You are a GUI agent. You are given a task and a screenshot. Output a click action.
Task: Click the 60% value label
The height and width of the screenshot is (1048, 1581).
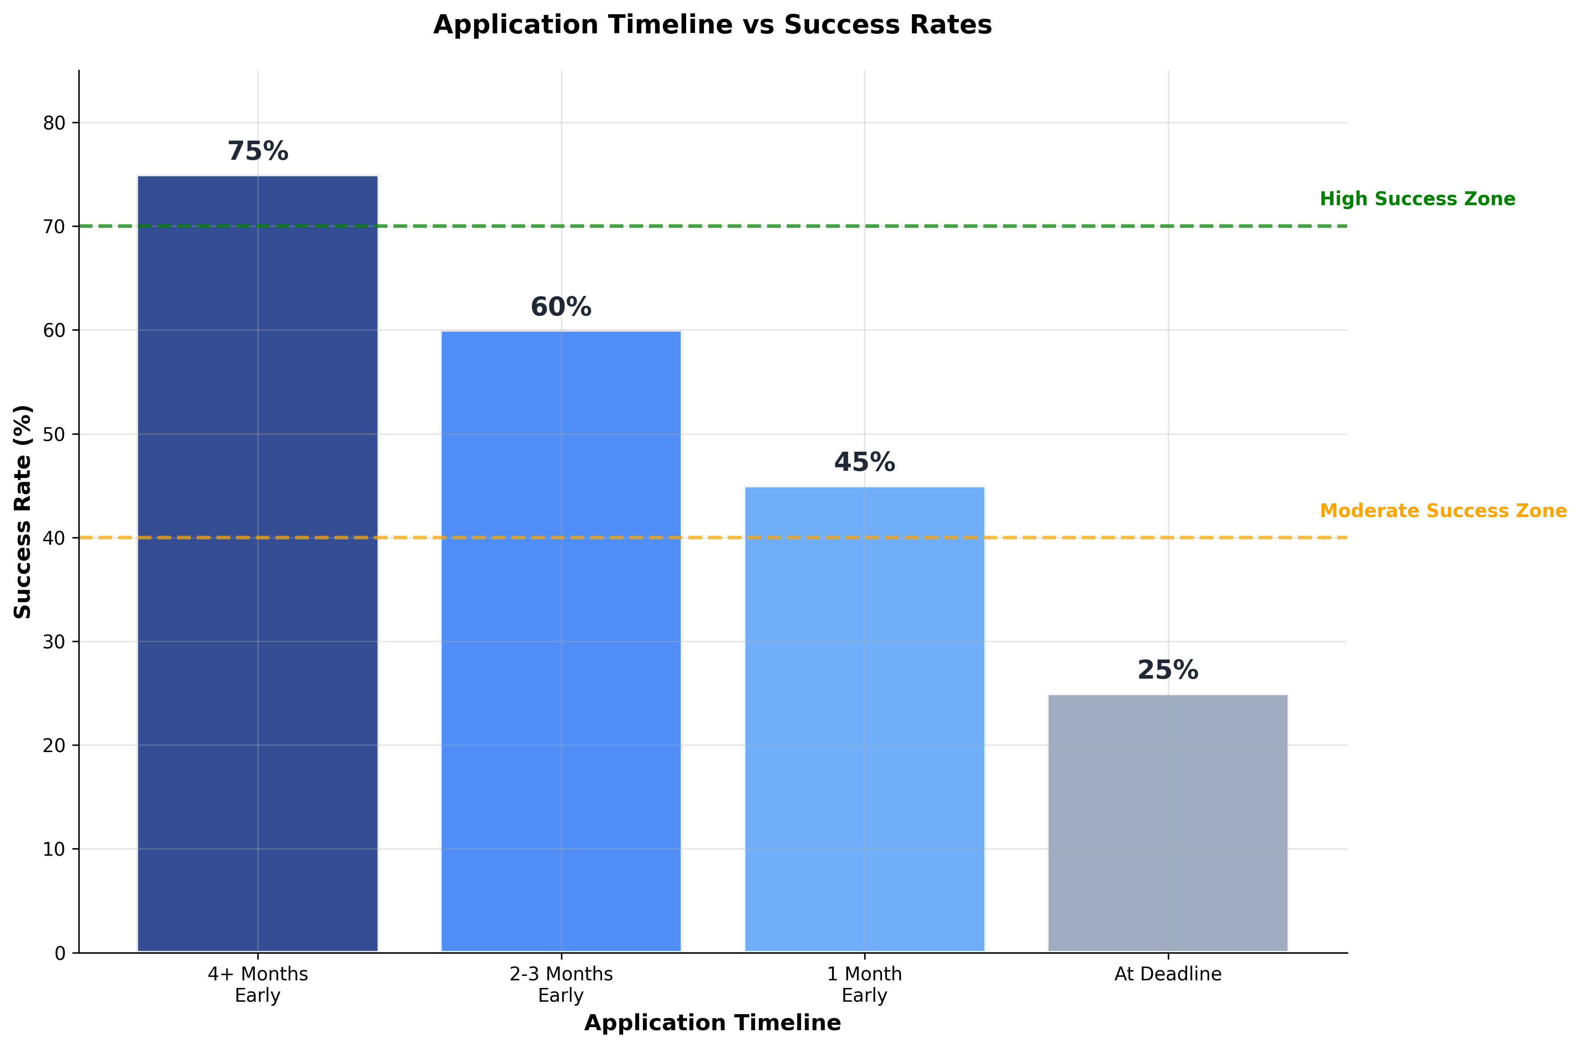click(561, 308)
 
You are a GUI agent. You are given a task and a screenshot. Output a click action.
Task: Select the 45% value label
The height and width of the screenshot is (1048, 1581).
click(864, 462)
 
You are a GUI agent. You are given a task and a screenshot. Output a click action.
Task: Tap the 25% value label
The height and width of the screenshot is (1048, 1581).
click(1167, 670)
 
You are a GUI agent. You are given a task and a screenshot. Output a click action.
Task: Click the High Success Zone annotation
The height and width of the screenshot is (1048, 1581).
click(1417, 199)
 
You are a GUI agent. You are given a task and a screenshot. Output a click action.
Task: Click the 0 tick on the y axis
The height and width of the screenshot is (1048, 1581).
click(60, 954)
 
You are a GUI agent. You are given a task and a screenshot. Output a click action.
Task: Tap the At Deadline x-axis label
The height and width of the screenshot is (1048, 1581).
click(1167, 975)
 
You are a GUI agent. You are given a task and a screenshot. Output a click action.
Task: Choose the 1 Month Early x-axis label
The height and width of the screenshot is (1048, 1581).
click(864, 984)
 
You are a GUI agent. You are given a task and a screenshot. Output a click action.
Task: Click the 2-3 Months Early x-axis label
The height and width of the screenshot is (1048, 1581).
click(561, 984)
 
